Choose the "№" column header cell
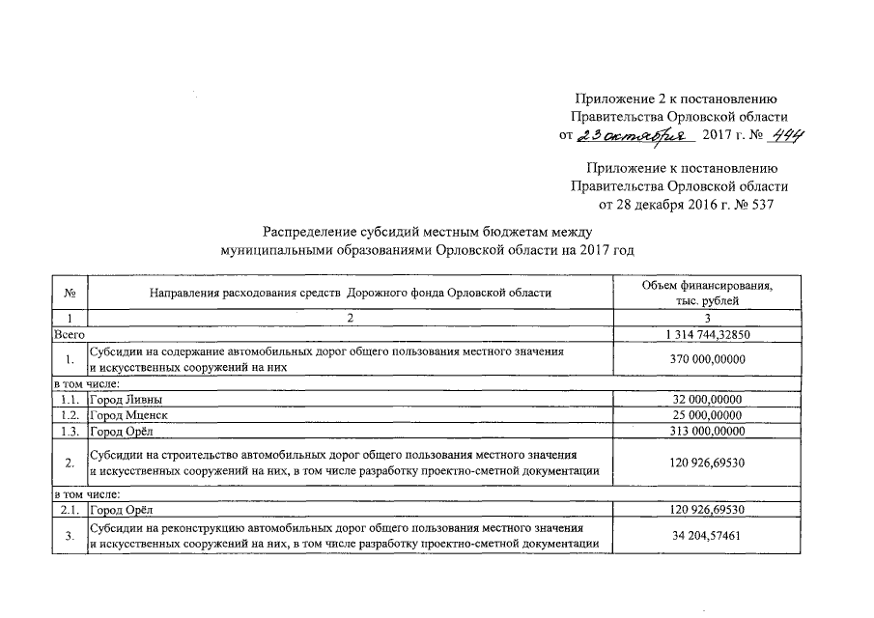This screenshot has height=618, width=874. click(x=70, y=293)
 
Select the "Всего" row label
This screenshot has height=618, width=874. click(x=70, y=333)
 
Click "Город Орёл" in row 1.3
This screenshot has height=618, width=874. click(x=121, y=431)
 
